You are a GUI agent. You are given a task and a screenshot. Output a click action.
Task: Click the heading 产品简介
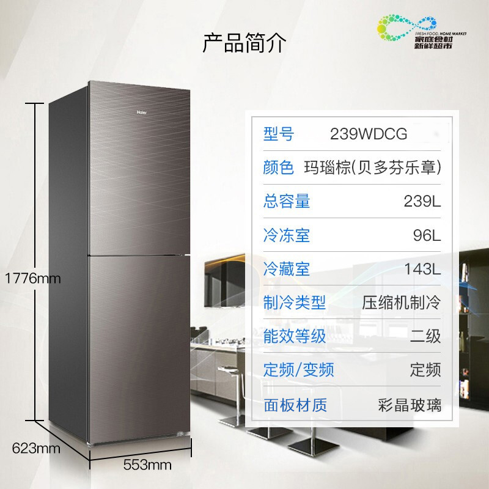pos(244,43)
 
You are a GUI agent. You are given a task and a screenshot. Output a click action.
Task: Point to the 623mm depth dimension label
pos(36,449)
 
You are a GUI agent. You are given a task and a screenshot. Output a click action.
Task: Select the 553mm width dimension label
pos(147,465)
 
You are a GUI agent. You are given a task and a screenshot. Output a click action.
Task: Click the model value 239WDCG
pos(369,134)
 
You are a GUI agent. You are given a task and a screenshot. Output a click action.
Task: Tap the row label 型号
pos(279,134)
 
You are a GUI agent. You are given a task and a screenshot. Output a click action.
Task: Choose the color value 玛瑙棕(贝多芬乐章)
pos(373,167)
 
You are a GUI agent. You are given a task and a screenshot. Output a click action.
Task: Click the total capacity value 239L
pos(422,201)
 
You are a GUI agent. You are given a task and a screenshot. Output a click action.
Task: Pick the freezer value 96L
pos(427,235)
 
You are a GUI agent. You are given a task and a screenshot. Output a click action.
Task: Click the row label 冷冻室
pos(287,235)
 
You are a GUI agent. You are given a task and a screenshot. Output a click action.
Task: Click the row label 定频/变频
pos(299,369)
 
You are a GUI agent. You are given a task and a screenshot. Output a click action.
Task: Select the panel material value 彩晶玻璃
pos(410,404)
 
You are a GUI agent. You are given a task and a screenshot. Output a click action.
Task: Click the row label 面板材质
pos(295,404)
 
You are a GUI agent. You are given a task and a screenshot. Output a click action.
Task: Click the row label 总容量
pos(287,201)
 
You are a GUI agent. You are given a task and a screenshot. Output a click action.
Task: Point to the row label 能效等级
pos(295,336)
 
